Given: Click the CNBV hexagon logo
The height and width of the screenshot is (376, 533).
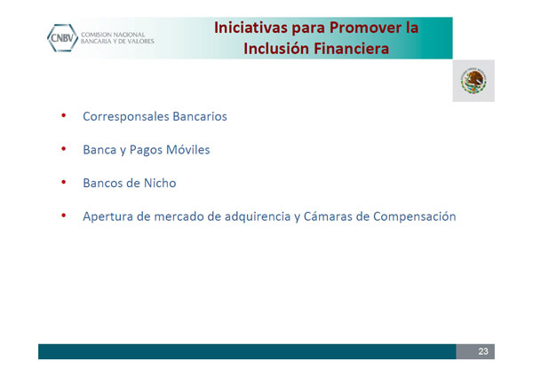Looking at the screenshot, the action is pos(62,38).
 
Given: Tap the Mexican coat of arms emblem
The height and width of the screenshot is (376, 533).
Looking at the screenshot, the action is pos(473,81).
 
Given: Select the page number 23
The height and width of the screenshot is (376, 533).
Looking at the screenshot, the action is pos(483,351).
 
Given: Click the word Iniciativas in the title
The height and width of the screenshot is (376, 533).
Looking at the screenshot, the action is pos(251,27).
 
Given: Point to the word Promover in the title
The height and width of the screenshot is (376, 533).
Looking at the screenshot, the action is pos(365,27).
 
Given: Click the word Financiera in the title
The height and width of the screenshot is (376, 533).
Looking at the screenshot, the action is pos(351,49).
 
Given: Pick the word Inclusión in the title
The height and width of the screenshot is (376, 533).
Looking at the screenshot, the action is pos(276,49).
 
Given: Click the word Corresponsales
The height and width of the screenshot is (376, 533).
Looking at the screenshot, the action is pos(126,117).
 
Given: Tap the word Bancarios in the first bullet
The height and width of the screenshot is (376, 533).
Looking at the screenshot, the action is pos(200,116).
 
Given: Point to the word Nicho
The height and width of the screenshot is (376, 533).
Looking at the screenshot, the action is pos(160,183).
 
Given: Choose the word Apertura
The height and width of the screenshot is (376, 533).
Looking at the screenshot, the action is pos(107,217).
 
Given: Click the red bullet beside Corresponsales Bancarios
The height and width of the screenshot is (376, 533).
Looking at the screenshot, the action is pos(64,115).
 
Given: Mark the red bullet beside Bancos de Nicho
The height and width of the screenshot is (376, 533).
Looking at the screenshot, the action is pos(64,182).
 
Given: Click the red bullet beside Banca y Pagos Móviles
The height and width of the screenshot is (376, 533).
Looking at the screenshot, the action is pos(64,149).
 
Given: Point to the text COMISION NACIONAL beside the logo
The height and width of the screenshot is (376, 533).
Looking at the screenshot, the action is pos(113,35).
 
